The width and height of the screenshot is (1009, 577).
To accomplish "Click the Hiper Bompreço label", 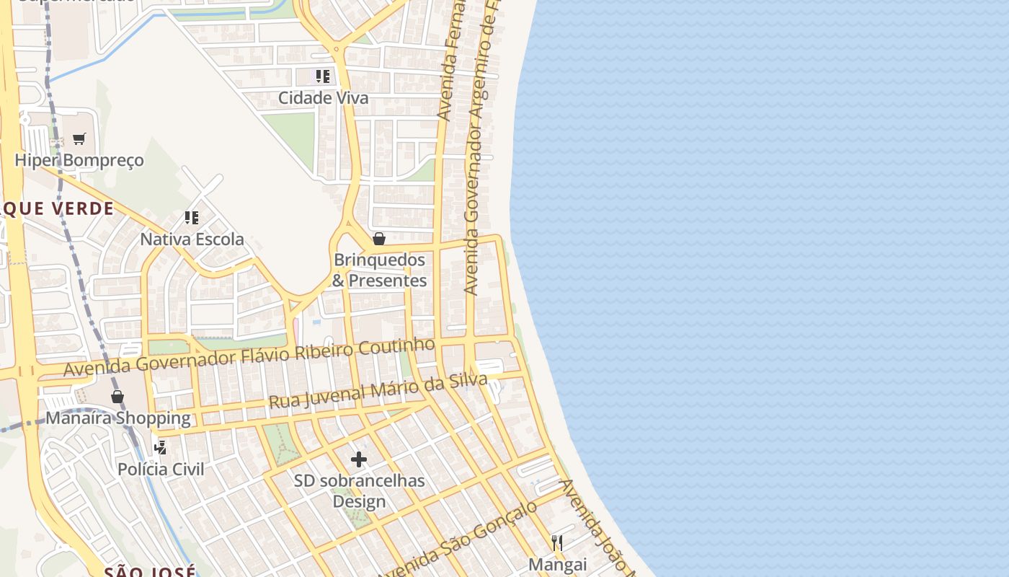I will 79,160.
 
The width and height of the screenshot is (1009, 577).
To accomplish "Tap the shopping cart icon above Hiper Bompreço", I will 79,138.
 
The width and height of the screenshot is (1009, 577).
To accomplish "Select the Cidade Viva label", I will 324,98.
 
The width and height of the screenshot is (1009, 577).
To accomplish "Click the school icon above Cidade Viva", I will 323,76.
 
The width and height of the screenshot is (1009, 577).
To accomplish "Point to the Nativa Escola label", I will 192,239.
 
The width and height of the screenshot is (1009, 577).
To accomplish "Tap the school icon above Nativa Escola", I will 192,217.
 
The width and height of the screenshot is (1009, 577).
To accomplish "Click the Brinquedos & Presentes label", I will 379,270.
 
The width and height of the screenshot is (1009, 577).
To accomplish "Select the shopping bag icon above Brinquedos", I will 379,239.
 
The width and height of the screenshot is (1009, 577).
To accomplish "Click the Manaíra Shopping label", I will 118,418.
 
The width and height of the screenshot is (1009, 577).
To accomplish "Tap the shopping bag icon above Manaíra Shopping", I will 117,397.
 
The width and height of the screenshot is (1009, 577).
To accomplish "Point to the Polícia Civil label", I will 161,470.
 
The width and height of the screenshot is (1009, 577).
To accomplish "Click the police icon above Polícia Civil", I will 161,447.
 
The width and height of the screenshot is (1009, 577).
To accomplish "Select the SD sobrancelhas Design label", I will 359,490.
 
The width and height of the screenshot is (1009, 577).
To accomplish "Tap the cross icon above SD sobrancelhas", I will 359,459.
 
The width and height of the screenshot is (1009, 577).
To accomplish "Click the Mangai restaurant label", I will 558,564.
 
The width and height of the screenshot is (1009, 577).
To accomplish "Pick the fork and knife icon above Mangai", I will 557,542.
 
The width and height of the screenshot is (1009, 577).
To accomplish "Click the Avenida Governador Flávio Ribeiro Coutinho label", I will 249,356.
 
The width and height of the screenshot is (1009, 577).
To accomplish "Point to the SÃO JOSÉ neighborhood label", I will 150,571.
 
